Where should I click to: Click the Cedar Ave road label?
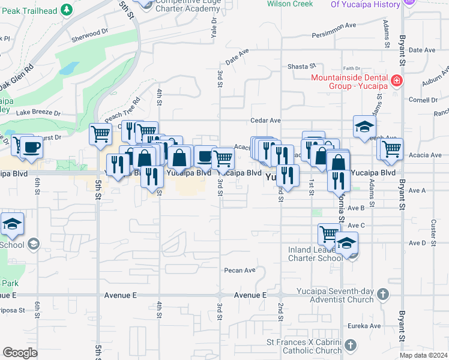pyautogui.click(x=266, y=121)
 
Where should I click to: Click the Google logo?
pyautogui.click(x=20, y=353)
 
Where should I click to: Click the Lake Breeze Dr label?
pyautogui.click(x=38, y=112)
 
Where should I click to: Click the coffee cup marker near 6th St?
pyautogui.click(x=31, y=146)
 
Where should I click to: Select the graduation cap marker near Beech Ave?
pyautogui.click(x=363, y=127)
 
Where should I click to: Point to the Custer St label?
pyautogui.click(x=432, y=227)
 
